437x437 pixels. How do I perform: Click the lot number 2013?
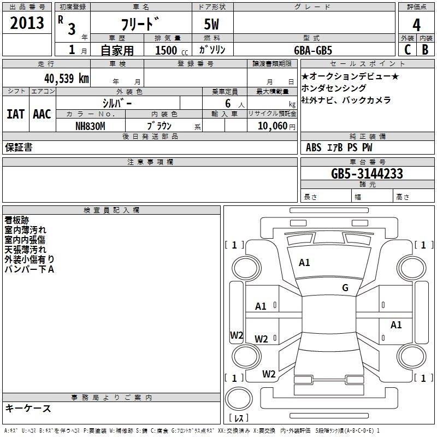[27, 23]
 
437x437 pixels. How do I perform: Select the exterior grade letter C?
[408, 49]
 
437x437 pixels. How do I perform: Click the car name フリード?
[139, 25]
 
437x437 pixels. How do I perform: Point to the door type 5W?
[212, 25]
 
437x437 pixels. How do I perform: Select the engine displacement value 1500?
[166, 50]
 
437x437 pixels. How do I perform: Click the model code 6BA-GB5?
[312, 50]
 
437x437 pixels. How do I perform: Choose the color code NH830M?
[90, 126]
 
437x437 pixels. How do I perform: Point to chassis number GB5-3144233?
[367, 174]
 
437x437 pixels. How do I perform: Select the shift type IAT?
[15, 114]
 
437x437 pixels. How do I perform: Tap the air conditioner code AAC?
[42, 114]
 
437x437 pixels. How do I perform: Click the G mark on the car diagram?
[345, 288]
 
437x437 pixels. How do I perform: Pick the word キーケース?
[28, 408]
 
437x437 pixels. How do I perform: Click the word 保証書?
[19, 147]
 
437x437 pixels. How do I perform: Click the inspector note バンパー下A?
[29, 269]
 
